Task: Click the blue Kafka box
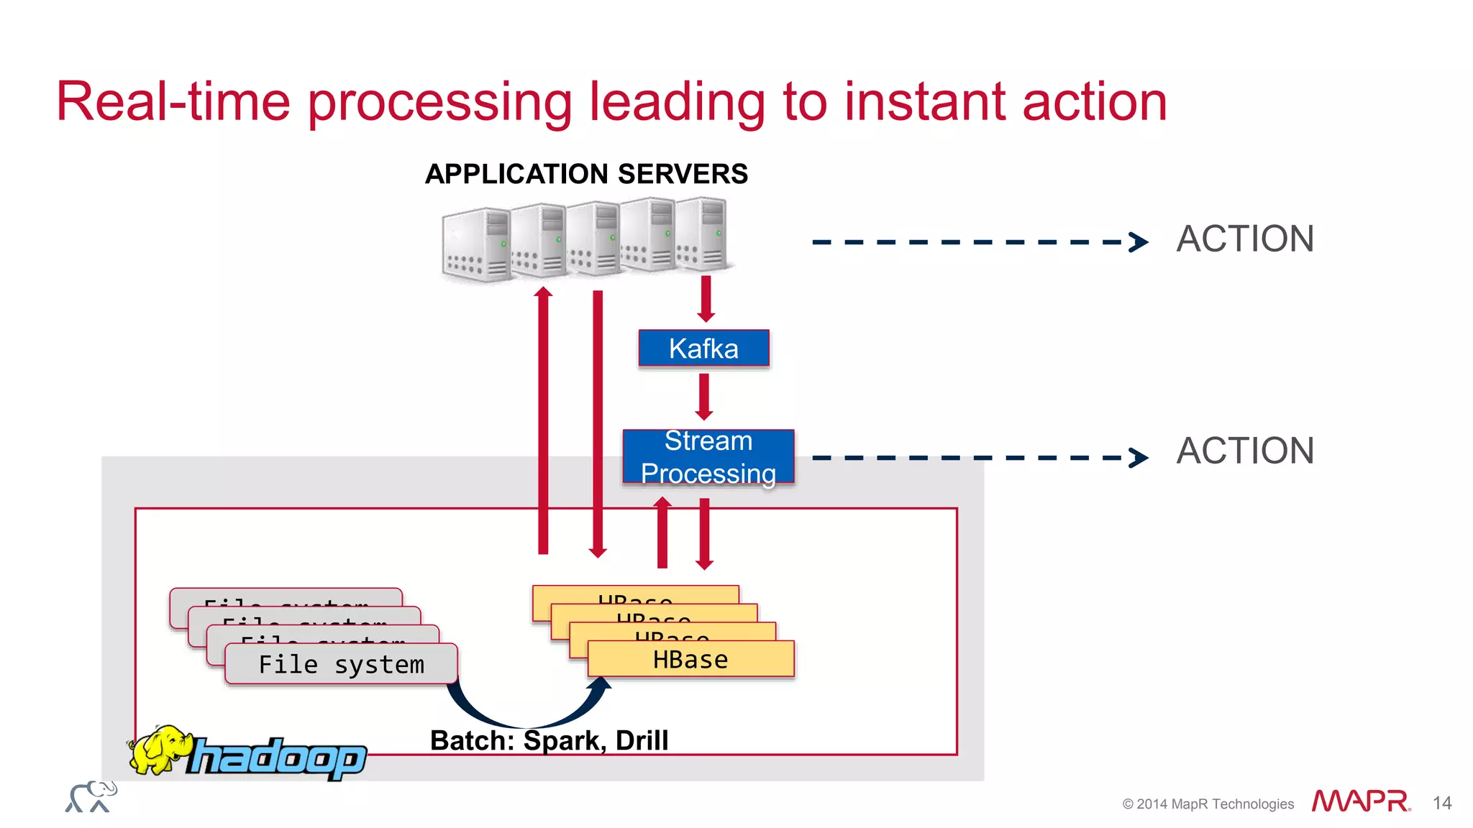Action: click(703, 349)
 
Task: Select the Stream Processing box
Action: click(708, 457)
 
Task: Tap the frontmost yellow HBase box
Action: click(690, 659)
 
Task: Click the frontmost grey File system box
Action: click(341, 664)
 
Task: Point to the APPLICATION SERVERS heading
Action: click(586, 174)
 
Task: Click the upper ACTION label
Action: click(1245, 239)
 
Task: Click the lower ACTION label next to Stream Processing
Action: click(1245, 451)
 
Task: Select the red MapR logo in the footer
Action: click(1360, 801)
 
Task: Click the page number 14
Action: click(1441, 803)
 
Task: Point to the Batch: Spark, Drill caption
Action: click(549, 740)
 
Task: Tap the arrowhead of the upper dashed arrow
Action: click(1139, 242)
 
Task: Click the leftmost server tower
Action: click(475, 245)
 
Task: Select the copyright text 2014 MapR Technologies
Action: click(1208, 804)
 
